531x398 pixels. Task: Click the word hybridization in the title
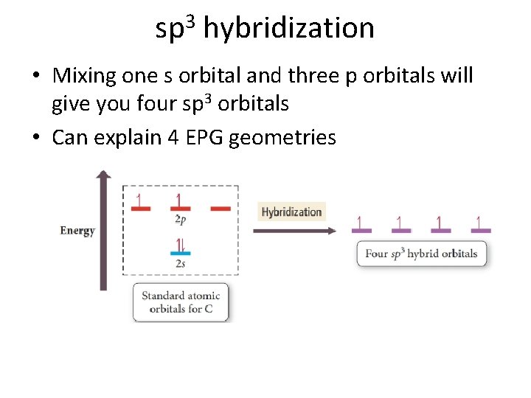[x=288, y=29]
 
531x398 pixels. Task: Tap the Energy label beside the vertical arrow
[x=77, y=231]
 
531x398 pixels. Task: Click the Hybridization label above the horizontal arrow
[x=292, y=212]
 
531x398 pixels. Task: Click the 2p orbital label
[x=180, y=219]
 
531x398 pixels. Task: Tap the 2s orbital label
[x=180, y=263]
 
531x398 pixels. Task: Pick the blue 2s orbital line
[x=180, y=254]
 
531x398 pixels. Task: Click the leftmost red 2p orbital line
[x=140, y=209]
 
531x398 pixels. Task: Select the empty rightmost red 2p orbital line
[x=221, y=209]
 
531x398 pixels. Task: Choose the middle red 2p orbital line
[x=180, y=209]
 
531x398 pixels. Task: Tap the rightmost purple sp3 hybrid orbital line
[x=479, y=231]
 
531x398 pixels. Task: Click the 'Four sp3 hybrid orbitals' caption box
[x=421, y=254]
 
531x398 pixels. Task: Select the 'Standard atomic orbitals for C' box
[x=181, y=302]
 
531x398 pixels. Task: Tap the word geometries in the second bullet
[x=282, y=137]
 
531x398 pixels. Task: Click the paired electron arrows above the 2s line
[x=179, y=244]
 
